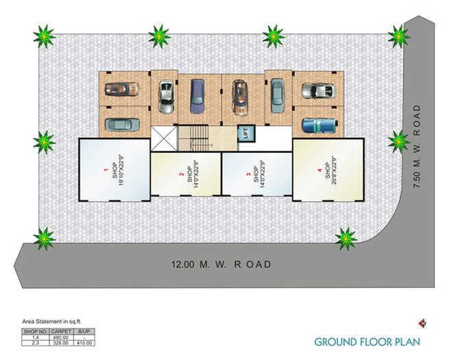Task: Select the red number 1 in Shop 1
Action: (x=106, y=169)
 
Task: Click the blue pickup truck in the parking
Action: (x=317, y=125)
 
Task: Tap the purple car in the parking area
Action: (x=197, y=95)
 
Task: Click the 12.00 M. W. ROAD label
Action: (x=221, y=264)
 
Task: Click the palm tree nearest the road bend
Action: (x=346, y=238)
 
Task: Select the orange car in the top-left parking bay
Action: (x=123, y=88)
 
